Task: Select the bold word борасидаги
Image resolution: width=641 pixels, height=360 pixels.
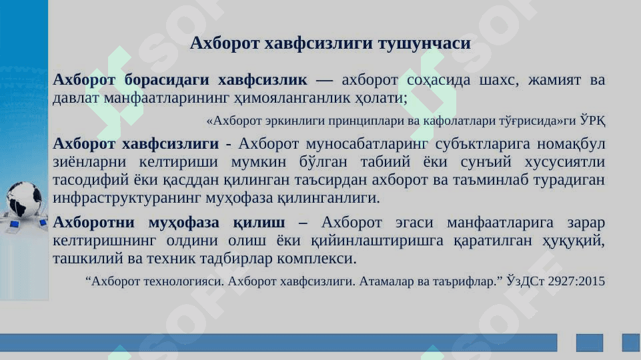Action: [x=166, y=80]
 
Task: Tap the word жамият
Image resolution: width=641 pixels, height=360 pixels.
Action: [x=554, y=80]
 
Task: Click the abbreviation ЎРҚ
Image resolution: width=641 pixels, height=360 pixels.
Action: [x=593, y=121]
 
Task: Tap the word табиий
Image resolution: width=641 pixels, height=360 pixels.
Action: [x=385, y=162]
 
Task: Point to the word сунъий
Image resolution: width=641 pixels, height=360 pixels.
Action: [x=486, y=162]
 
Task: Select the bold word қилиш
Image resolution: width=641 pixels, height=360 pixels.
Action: [x=259, y=223]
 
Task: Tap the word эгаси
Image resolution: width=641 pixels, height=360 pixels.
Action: [x=414, y=223]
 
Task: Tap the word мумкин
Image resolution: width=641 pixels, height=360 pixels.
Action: [x=258, y=162]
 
